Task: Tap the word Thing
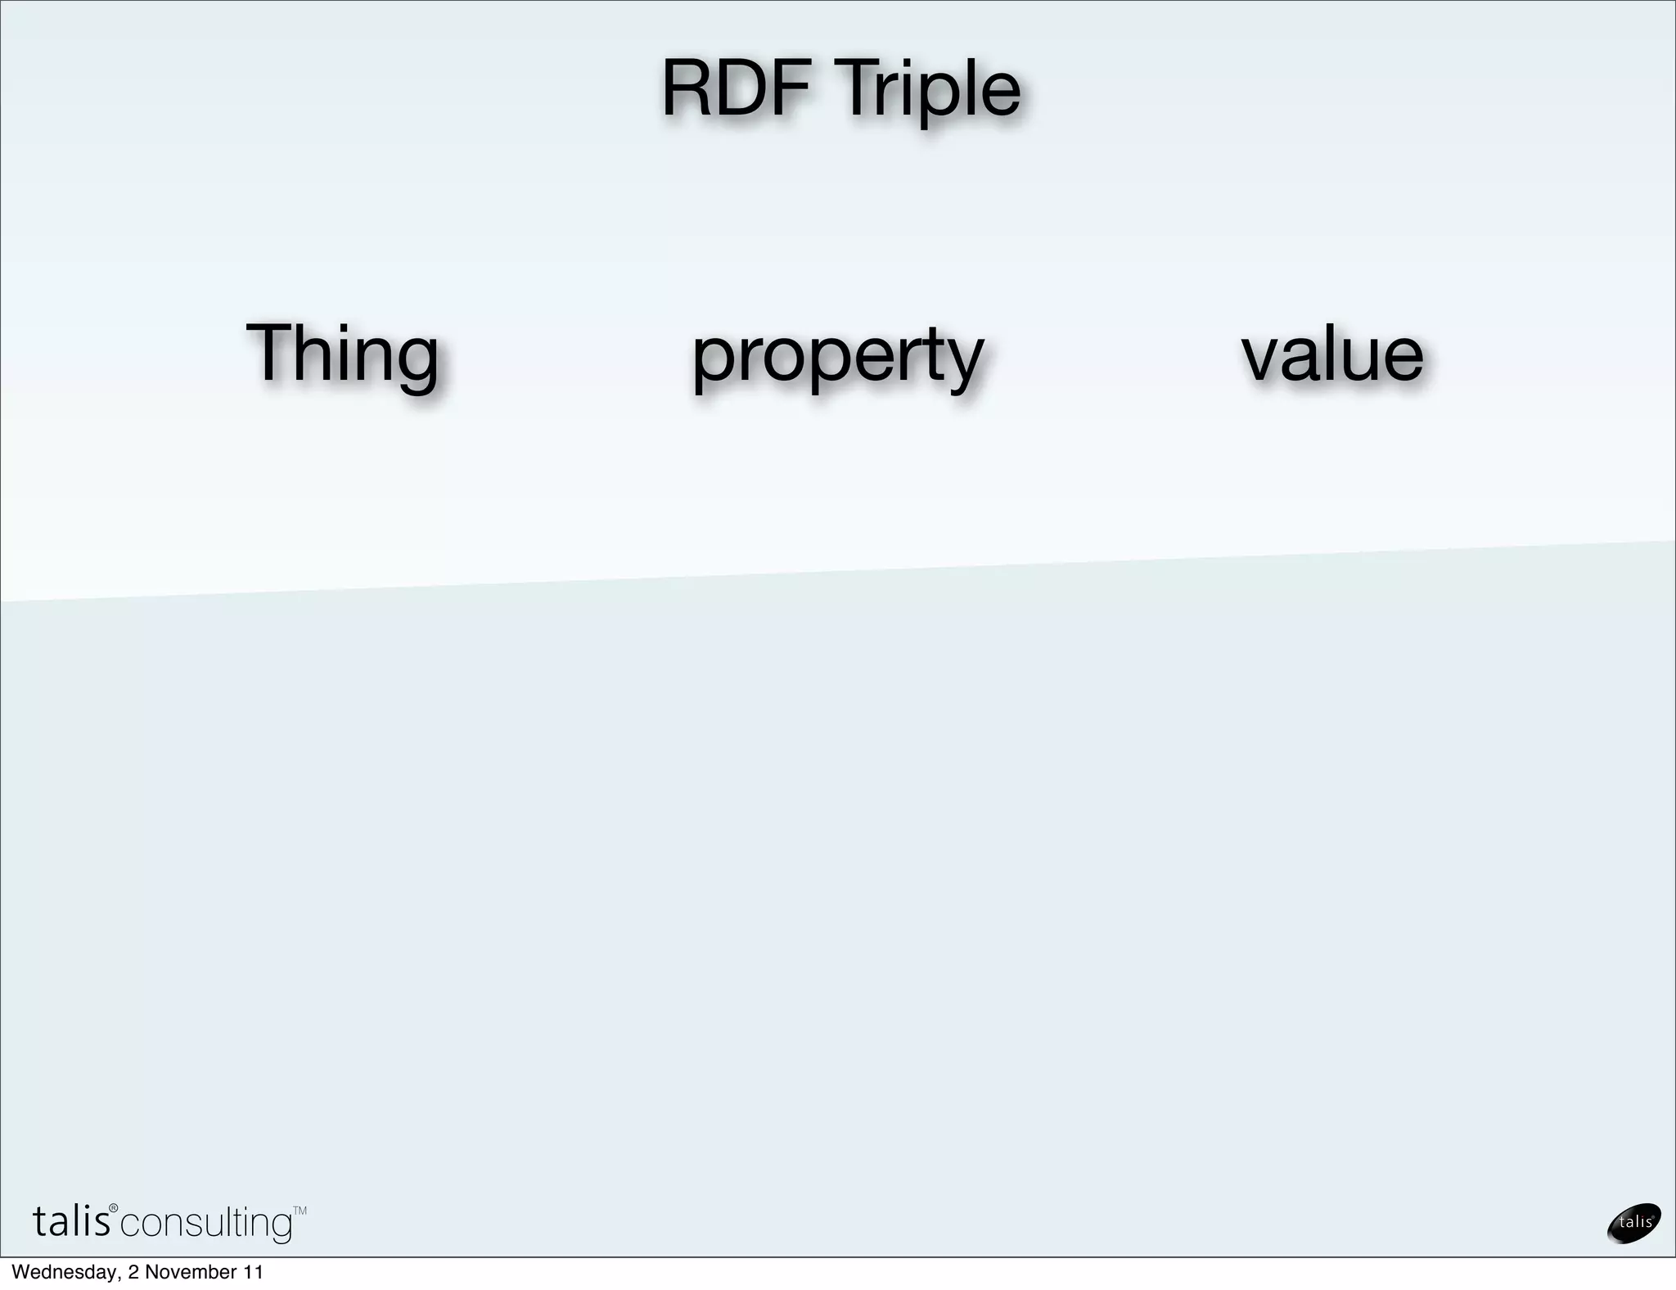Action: pyautogui.click(x=342, y=355)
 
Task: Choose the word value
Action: pyautogui.click(x=1332, y=355)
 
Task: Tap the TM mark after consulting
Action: pyautogui.click(x=300, y=1211)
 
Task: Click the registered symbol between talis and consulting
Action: pyautogui.click(x=114, y=1209)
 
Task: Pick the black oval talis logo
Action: pyautogui.click(x=1634, y=1223)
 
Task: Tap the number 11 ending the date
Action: pyautogui.click(x=254, y=1272)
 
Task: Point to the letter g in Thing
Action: pyautogui.click(x=415, y=364)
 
